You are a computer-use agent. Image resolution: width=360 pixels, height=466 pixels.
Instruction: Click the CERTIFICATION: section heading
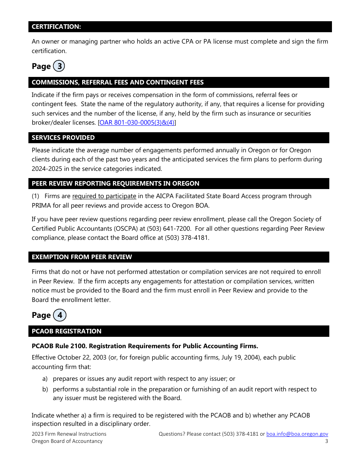[x=56, y=27]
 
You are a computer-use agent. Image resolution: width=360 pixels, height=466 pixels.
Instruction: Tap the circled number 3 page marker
[x=59, y=66]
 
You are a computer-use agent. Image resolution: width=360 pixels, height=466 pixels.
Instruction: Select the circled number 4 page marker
[x=59, y=315]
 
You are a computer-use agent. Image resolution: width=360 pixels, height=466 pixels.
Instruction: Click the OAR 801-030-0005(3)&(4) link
[x=137, y=123]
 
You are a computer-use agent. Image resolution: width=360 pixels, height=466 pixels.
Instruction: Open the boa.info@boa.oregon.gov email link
[x=297, y=434]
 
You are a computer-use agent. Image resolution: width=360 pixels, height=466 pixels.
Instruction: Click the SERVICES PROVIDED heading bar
[x=63, y=138]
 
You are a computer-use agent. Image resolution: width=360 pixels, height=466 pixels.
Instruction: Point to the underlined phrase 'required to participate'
[x=104, y=196]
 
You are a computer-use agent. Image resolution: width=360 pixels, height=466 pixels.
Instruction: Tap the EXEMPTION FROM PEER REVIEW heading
[x=82, y=257]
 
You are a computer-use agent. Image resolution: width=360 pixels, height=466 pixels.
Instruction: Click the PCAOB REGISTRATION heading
[x=67, y=331]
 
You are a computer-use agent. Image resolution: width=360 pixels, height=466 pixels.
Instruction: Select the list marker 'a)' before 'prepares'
[x=45, y=379]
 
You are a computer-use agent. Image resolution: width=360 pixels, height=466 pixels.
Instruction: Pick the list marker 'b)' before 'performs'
[x=45, y=389]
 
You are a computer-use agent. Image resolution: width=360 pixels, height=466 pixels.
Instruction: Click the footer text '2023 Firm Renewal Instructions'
[x=69, y=434]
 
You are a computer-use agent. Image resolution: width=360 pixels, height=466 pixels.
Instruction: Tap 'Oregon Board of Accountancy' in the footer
[x=67, y=441]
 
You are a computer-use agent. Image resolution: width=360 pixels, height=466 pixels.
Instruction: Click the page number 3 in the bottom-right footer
[x=326, y=441]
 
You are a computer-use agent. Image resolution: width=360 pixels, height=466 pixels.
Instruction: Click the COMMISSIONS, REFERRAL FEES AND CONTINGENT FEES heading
[x=117, y=82]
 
